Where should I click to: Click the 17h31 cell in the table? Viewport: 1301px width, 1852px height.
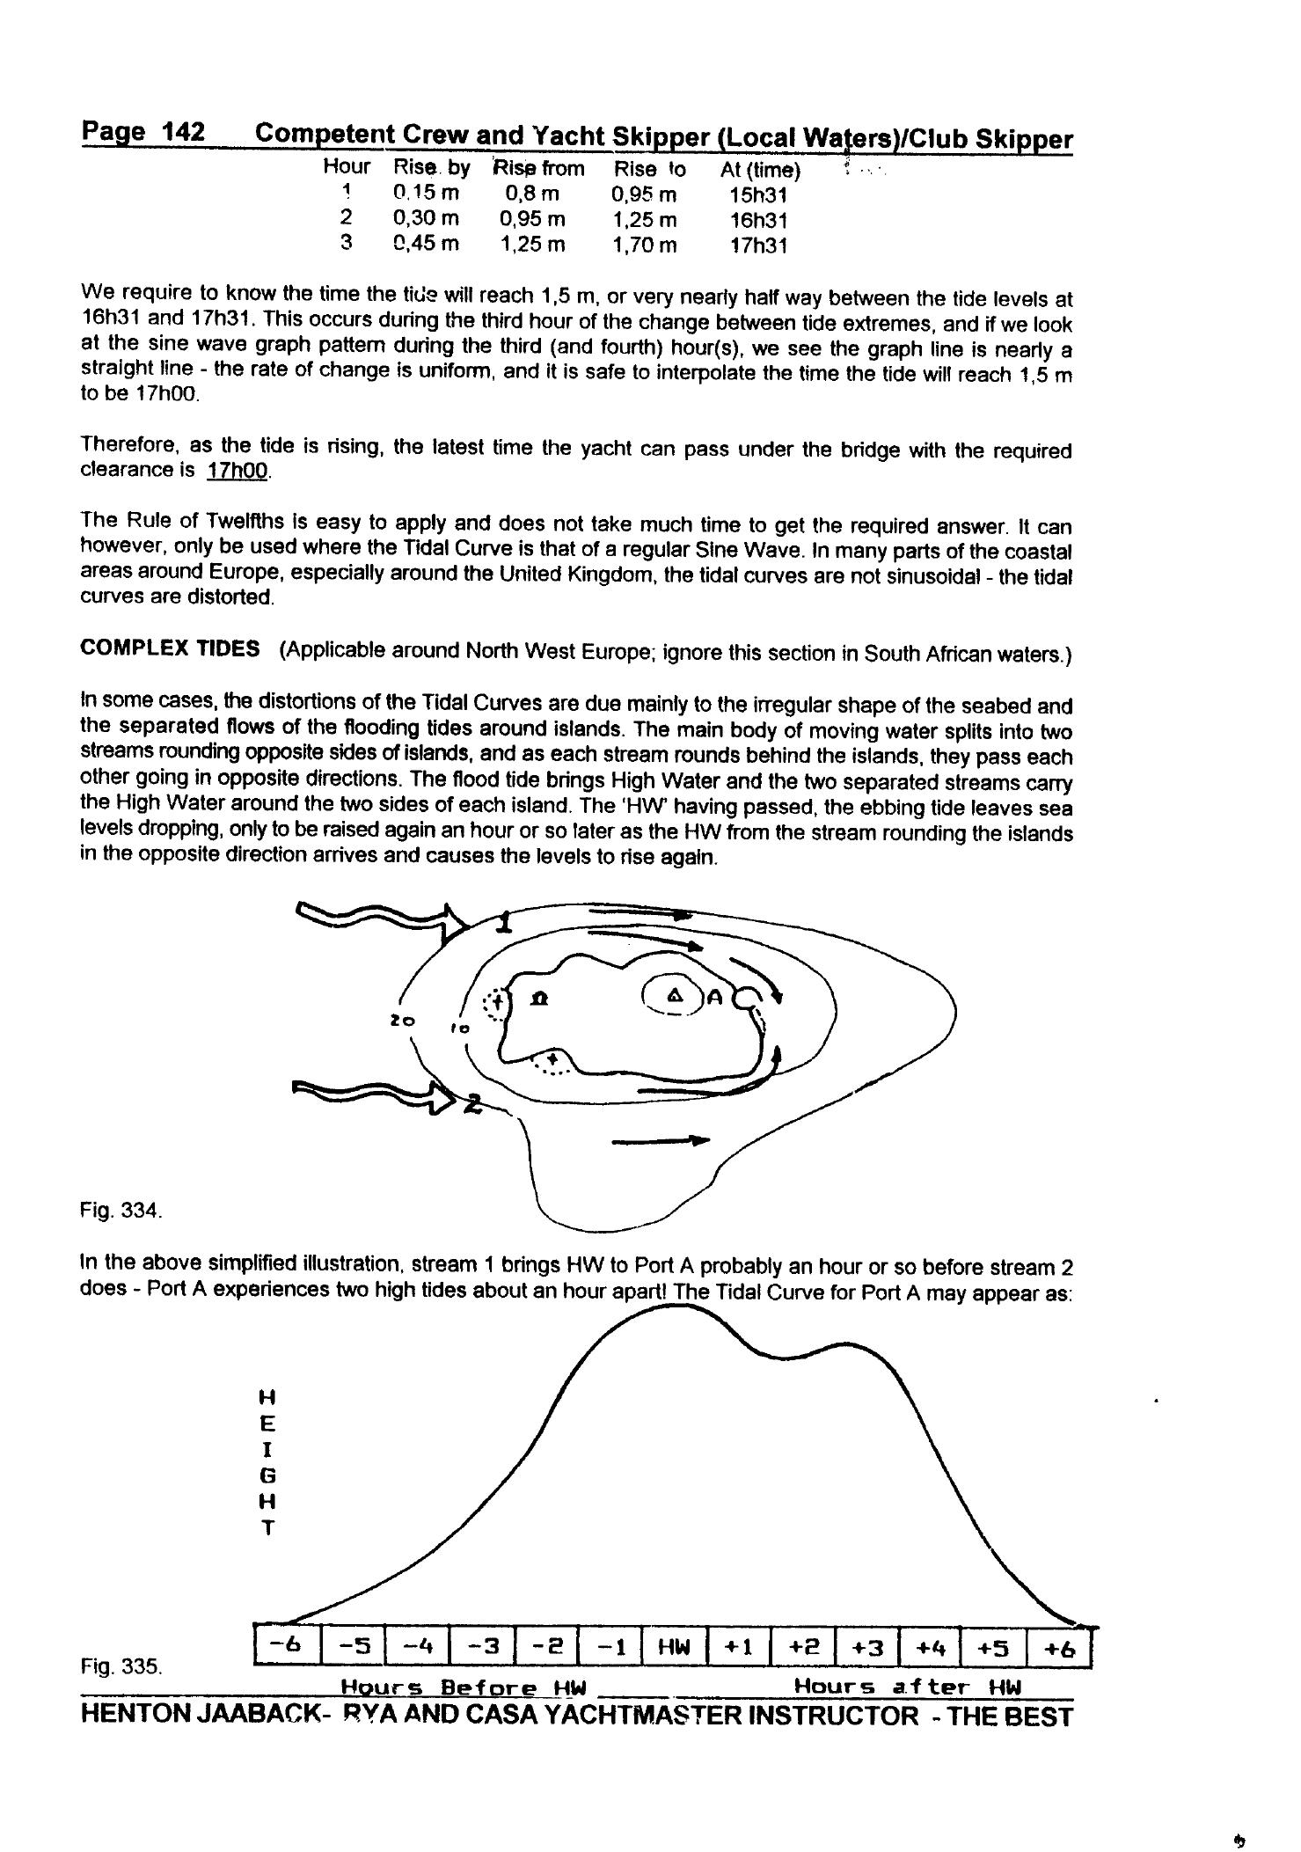click(758, 245)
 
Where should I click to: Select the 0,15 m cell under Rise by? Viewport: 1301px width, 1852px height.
click(426, 193)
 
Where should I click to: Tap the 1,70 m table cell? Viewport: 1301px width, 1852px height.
click(645, 245)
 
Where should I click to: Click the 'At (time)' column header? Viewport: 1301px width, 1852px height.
click(760, 169)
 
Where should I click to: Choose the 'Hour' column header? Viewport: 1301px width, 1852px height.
click(347, 166)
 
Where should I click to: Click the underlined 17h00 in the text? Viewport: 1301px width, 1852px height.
click(237, 471)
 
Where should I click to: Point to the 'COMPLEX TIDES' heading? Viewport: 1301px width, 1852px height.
click(170, 649)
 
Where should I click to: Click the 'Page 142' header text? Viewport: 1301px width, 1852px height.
click(143, 133)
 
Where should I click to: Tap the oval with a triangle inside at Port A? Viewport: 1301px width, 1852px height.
click(673, 995)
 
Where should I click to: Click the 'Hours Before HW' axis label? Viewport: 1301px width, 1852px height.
click(463, 1687)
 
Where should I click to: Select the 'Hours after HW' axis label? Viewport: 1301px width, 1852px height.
click(908, 1687)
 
